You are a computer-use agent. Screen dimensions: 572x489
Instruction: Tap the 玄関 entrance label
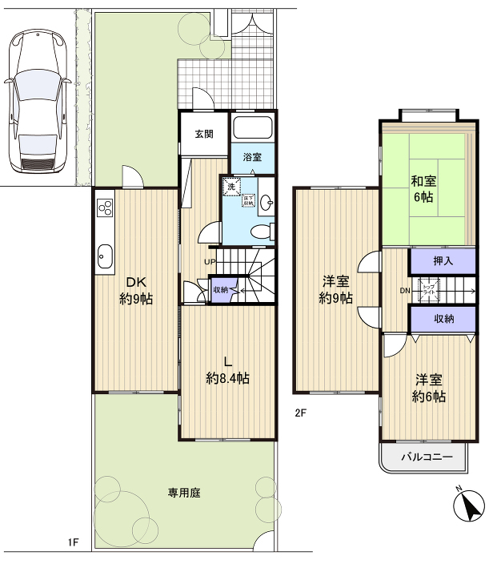click(x=204, y=134)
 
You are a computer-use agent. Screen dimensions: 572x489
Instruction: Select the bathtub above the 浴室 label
click(x=254, y=129)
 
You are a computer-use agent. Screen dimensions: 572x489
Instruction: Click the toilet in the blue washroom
click(x=259, y=232)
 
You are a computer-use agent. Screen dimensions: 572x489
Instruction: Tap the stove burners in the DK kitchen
click(x=105, y=207)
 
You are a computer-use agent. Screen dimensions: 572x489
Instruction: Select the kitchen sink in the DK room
click(x=104, y=256)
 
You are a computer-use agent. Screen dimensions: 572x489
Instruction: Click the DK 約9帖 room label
click(x=137, y=290)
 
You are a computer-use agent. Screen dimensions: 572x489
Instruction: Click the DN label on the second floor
click(x=405, y=289)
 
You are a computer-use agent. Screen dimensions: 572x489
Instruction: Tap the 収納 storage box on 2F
click(x=443, y=319)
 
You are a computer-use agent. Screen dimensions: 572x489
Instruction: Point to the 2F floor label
click(x=300, y=413)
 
